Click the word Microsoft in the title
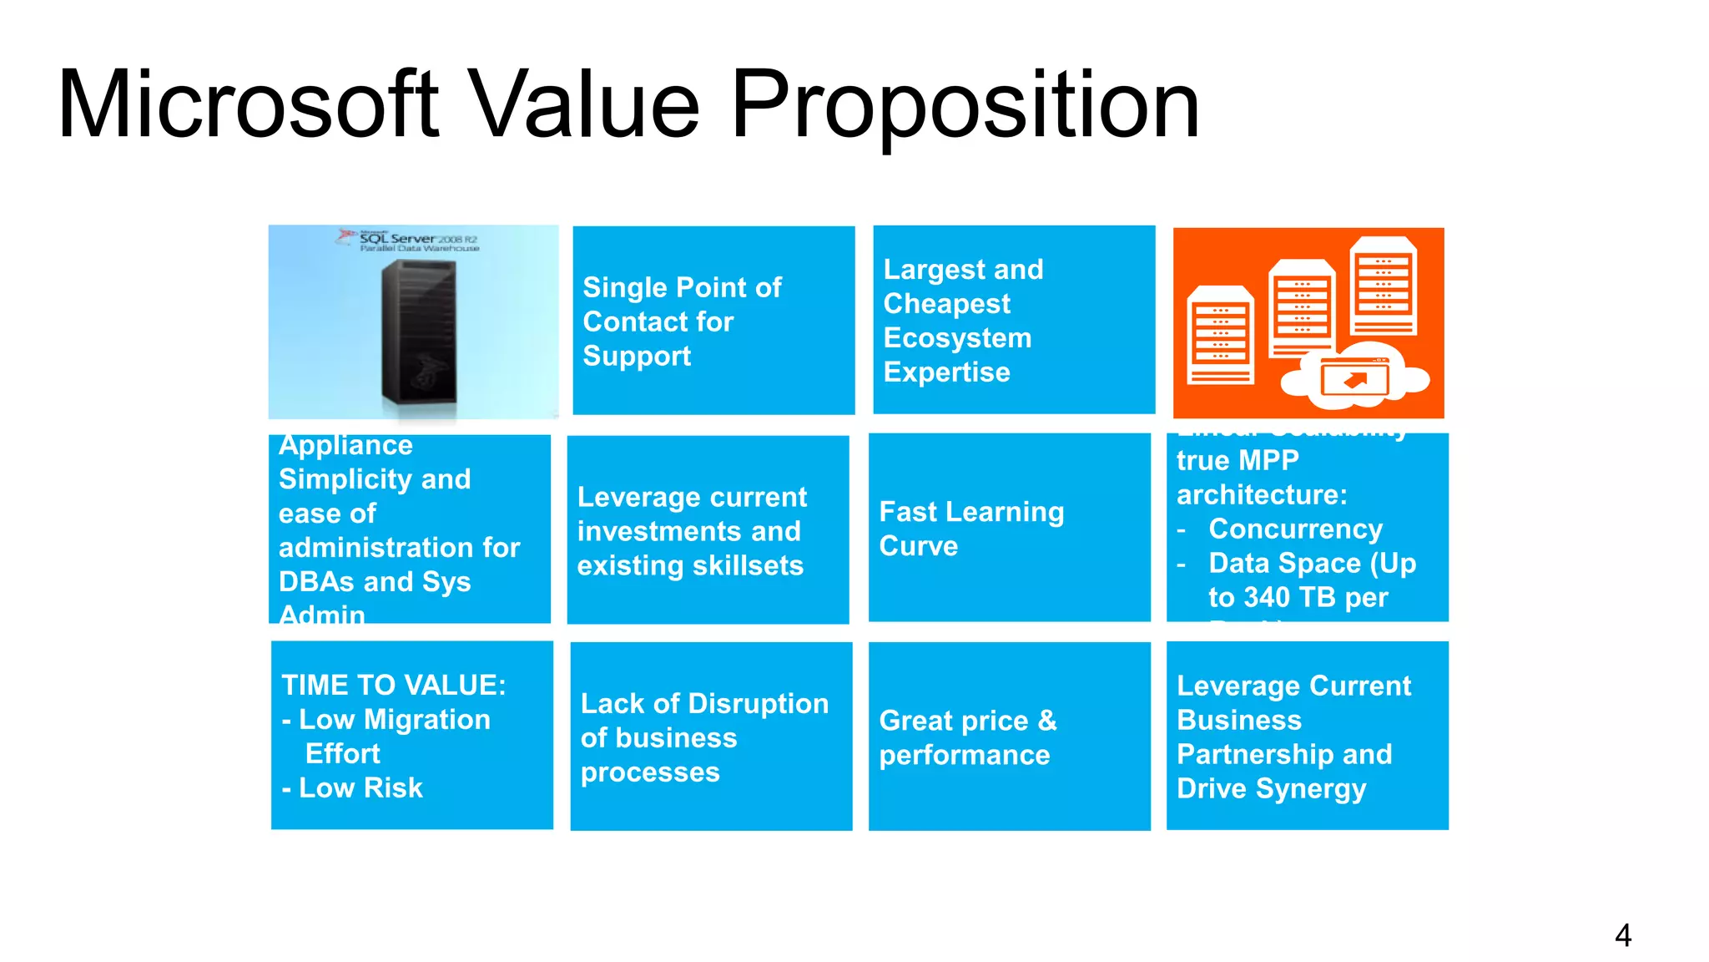pyautogui.click(x=248, y=104)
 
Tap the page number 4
pyautogui.click(x=1622, y=935)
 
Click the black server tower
pyautogui.click(x=419, y=332)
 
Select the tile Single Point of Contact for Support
pyautogui.click(x=713, y=321)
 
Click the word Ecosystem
pyautogui.click(x=957, y=338)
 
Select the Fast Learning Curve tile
pyautogui.click(x=1009, y=528)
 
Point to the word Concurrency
pyautogui.click(x=1295, y=529)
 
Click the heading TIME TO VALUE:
pyautogui.click(x=393, y=686)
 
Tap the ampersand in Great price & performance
pyautogui.click(x=1047, y=721)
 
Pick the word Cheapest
pyautogui.click(x=946, y=304)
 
